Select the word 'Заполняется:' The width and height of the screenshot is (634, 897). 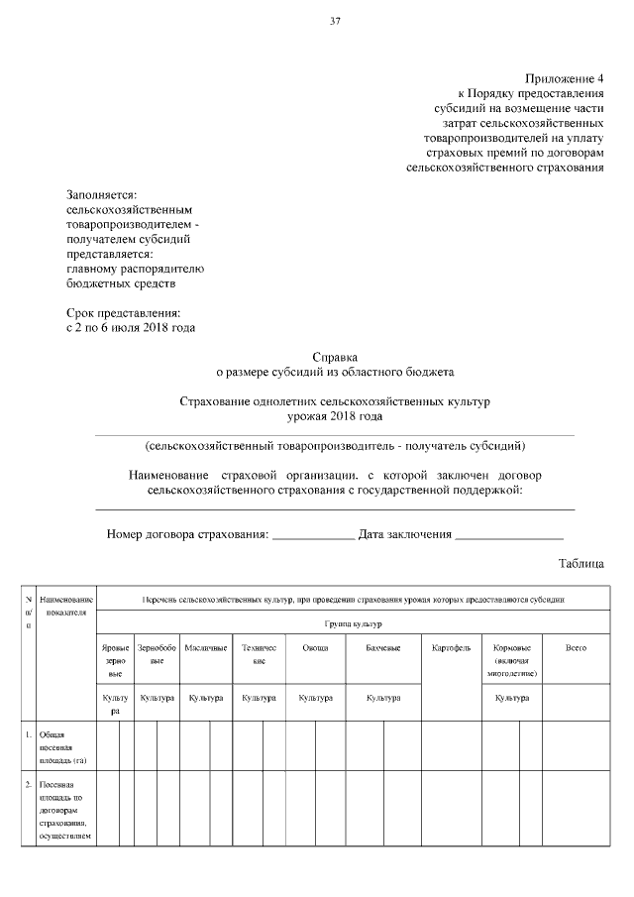[101, 195]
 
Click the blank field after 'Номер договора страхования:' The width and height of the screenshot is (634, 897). [313, 535]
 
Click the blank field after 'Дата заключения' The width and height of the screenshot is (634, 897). [509, 535]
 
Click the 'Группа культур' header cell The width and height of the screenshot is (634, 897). [354, 623]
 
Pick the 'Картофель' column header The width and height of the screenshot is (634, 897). [451, 647]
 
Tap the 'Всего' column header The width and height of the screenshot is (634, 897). [575, 647]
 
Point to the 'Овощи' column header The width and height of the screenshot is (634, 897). [316, 647]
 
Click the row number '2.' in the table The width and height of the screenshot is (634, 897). [29, 784]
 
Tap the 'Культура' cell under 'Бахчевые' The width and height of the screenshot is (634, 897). [382, 698]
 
